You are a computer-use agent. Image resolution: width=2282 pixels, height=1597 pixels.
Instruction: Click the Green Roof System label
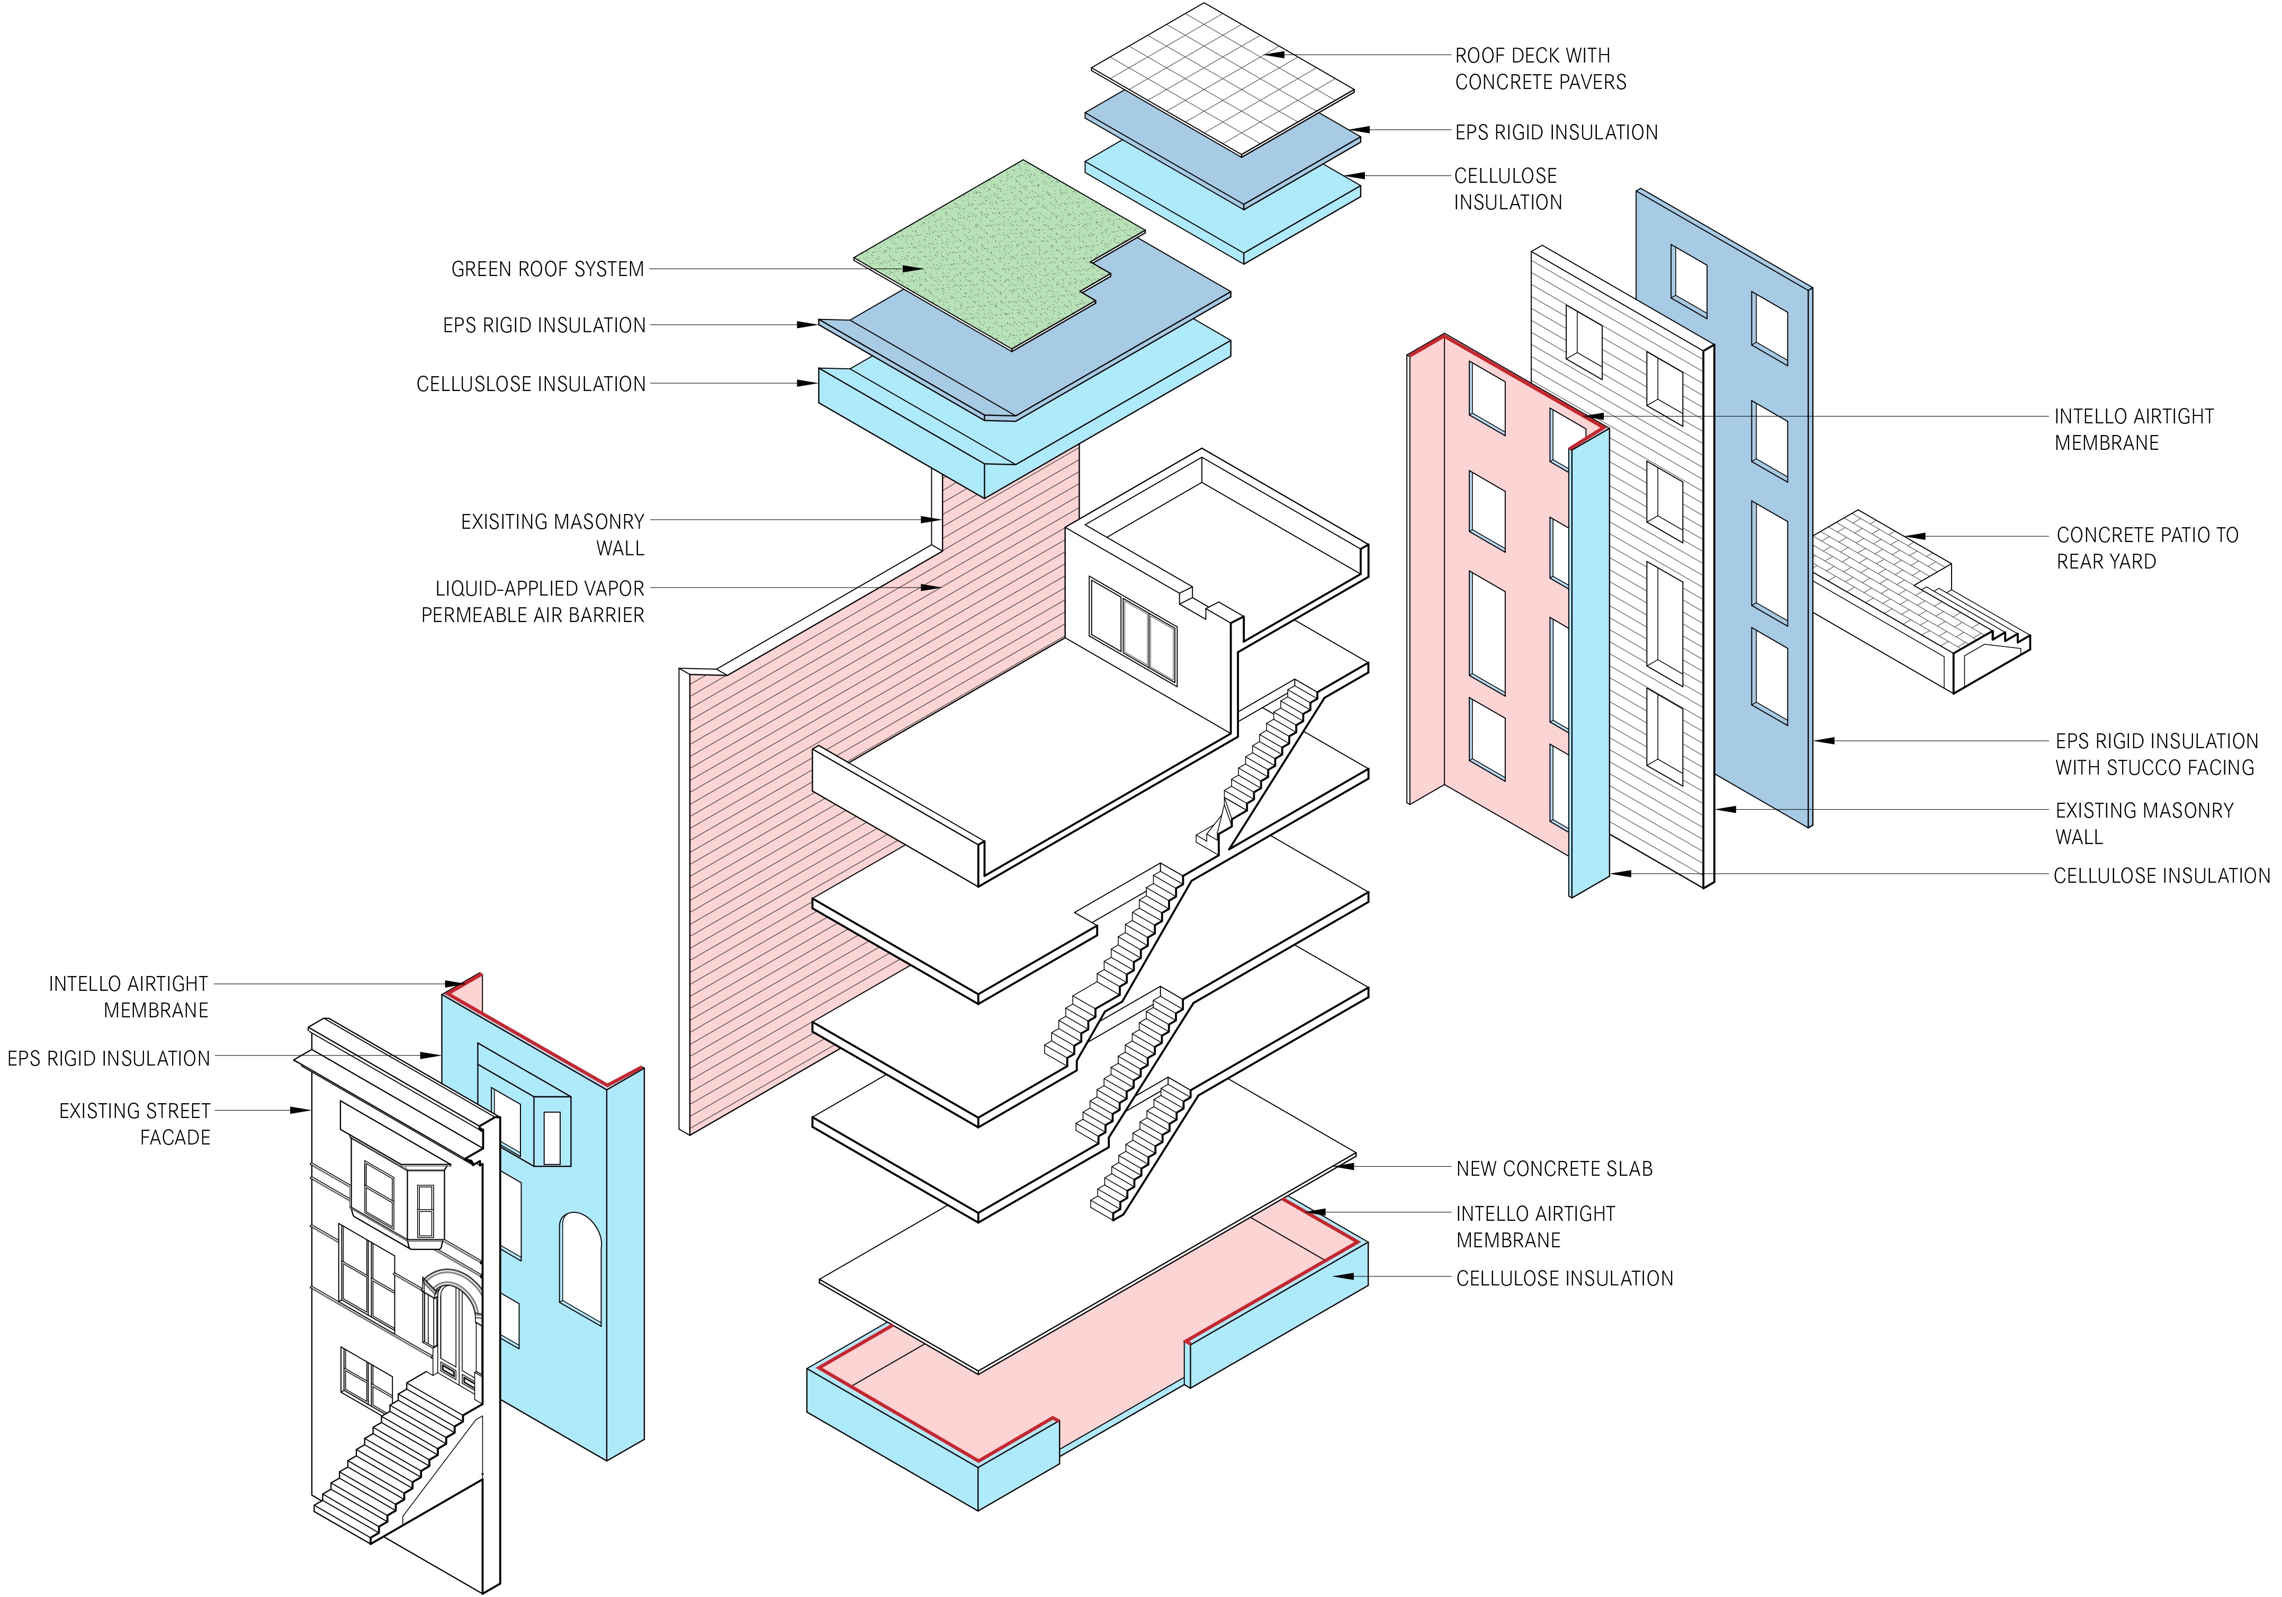tap(546, 270)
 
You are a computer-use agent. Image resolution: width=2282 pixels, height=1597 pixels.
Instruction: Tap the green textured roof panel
tap(994, 249)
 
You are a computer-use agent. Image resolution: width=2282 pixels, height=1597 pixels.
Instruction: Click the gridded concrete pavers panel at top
tap(1223, 79)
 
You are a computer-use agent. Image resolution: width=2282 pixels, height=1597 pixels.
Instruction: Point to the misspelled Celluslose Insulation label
tap(531, 384)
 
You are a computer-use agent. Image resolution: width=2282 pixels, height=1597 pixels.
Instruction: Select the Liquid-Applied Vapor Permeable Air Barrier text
tap(533, 601)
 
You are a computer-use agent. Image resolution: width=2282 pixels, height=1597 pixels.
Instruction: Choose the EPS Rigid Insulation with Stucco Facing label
tap(2156, 754)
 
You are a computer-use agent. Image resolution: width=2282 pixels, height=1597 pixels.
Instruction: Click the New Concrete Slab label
tap(1553, 1168)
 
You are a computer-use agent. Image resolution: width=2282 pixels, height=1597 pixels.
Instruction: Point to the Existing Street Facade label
tap(135, 1124)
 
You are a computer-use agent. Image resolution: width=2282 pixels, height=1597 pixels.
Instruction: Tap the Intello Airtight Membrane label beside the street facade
tap(129, 996)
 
